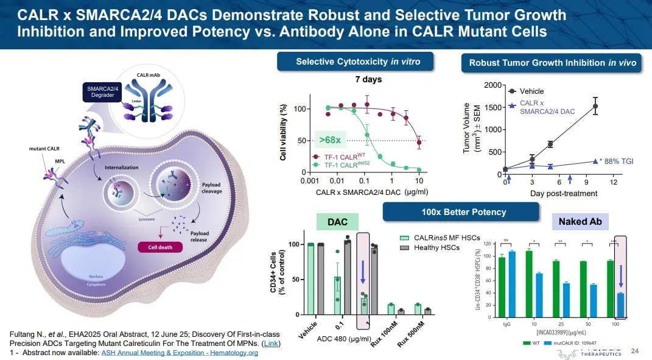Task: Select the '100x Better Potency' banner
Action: click(461, 212)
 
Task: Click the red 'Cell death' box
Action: click(156, 247)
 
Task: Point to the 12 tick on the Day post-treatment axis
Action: click(614, 183)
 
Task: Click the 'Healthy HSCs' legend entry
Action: click(433, 247)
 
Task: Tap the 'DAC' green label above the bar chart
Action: click(338, 223)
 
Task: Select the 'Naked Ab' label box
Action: click(580, 222)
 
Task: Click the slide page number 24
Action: click(635, 351)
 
